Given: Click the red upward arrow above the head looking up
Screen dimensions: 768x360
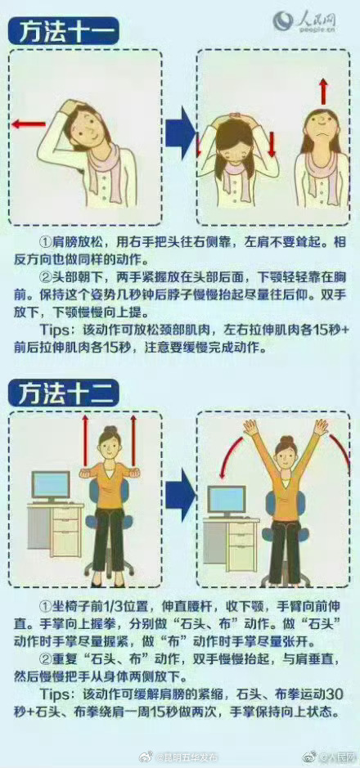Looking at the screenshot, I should click(323, 90).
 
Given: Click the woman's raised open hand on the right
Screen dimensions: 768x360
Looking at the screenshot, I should click(321, 426).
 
